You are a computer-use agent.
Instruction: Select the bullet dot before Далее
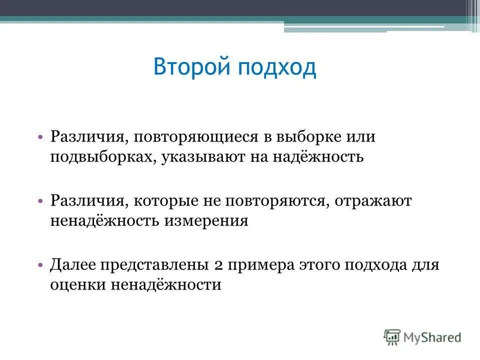40,265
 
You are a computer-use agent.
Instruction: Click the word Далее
74,265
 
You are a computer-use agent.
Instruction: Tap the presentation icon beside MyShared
393,337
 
